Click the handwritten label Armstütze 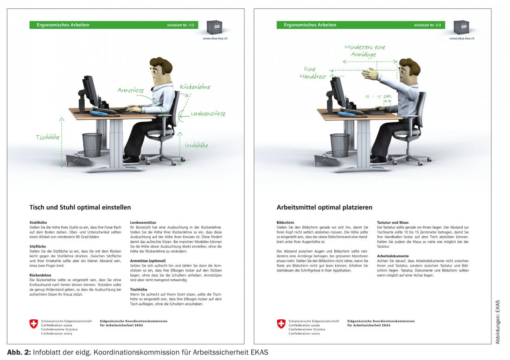coord(130,90)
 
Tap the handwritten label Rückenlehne coord(195,87)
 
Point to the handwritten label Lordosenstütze coord(208,113)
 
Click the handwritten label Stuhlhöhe coord(196,145)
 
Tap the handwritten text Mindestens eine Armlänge coord(364,51)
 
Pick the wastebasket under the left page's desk coord(92,145)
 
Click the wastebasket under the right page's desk coord(339,145)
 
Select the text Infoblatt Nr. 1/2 coord(180,25)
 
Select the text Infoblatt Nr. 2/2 coord(427,25)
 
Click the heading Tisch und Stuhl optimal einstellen coord(80,207)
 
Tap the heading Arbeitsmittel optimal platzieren coord(325,207)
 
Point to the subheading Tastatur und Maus coord(392,222)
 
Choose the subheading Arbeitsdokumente coord(393,256)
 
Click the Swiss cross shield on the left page coord(34,324)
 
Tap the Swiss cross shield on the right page coord(281,324)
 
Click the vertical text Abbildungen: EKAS coord(498,322)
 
